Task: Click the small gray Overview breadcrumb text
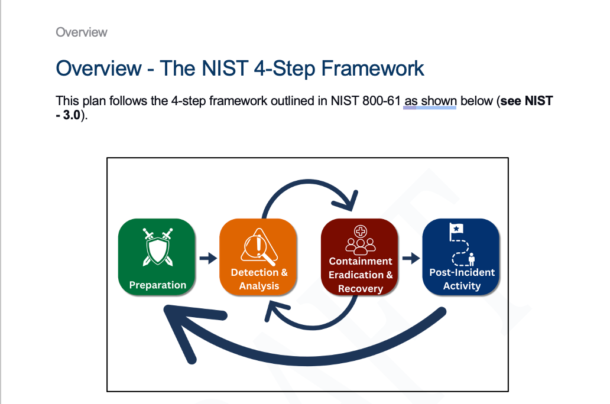[82, 32]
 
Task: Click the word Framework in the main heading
[372, 69]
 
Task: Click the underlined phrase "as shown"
[430, 101]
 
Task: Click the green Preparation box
[157, 258]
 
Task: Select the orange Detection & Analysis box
[258, 258]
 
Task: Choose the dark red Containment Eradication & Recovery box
[360, 258]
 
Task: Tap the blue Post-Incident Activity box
[462, 258]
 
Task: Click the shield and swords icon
[158, 246]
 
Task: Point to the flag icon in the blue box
[456, 231]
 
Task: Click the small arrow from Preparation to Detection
[208, 258]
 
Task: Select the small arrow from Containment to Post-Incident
[411, 258]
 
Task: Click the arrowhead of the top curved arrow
[352, 201]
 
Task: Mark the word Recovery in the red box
[361, 289]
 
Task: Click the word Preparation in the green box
[157, 285]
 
